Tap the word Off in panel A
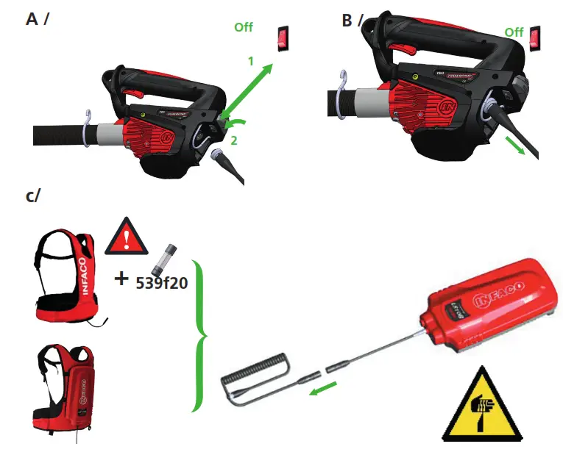pos(244,27)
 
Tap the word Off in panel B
pos(514,32)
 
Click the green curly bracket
pos(199,335)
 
